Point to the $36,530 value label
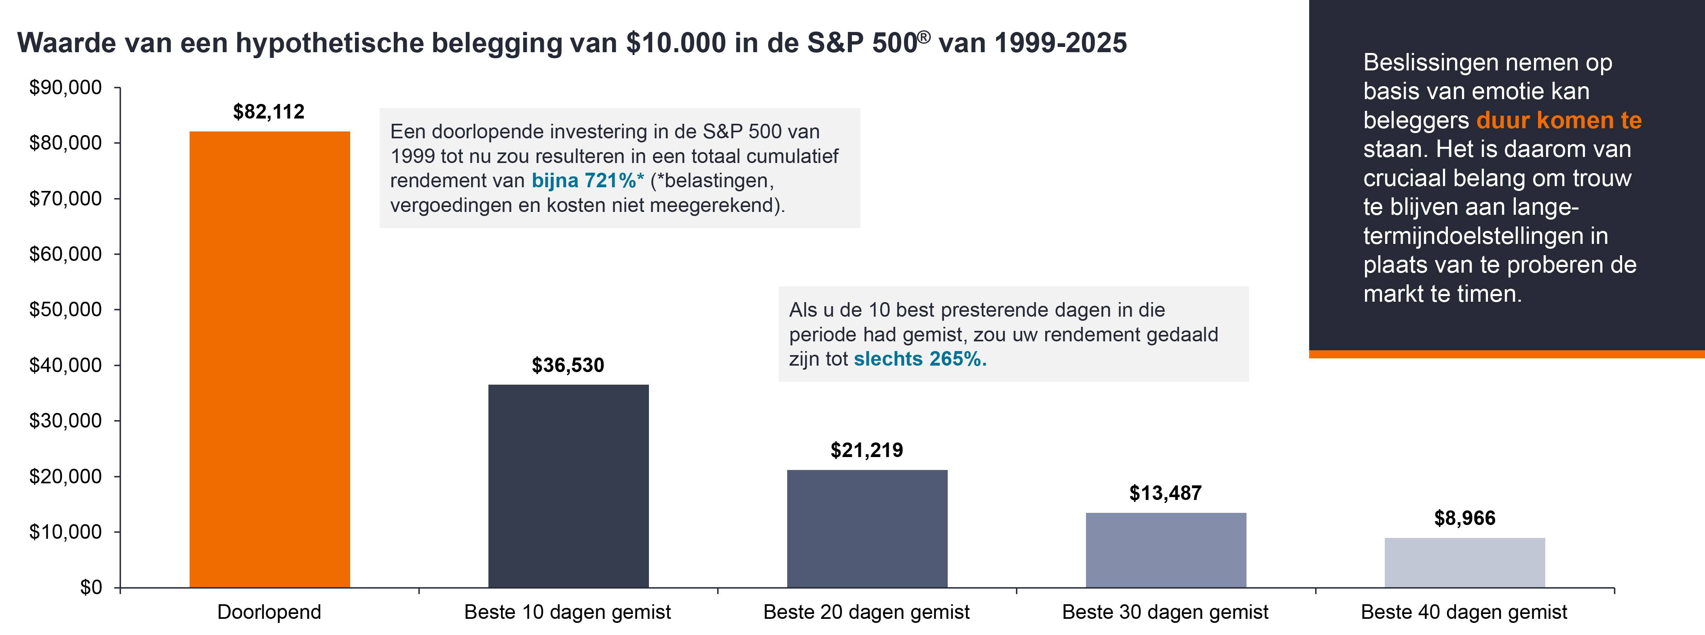coord(568,365)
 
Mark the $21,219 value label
coord(866,450)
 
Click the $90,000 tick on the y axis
coord(65,87)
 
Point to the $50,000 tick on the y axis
coord(65,309)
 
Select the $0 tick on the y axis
coord(91,587)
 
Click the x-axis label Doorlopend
coord(269,612)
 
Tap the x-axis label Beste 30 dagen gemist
coord(1165,612)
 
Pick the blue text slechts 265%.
coord(919,359)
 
